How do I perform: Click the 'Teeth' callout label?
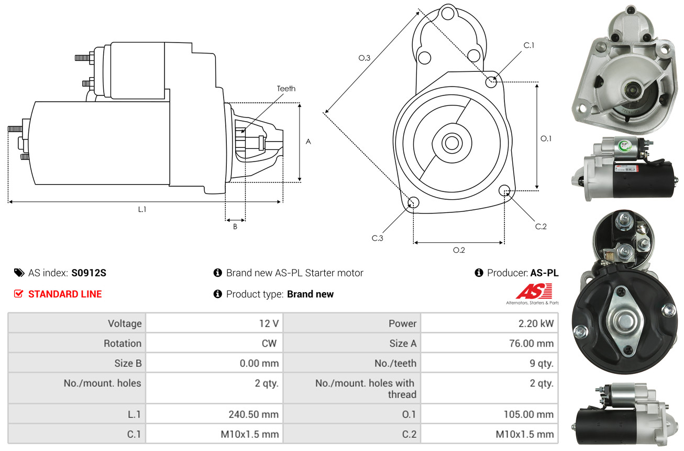coord(286,89)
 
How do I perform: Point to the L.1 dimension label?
coord(142,209)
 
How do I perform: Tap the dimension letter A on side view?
coord(308,142)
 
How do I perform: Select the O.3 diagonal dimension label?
coord(365,58)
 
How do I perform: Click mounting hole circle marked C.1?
coord(491,82)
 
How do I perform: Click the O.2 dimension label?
coord(459,250)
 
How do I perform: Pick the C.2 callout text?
coord(540,227)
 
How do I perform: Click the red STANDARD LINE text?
coord(65,294)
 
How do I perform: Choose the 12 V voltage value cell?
coord(269,324)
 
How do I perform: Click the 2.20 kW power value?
coord(536,324)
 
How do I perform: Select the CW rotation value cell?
coord(272,343)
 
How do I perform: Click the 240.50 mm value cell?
coord(253,414)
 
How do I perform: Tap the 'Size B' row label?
coord(128,363)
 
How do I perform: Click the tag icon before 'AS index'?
coord(19,273)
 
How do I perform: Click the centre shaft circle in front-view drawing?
coord(450,142)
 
